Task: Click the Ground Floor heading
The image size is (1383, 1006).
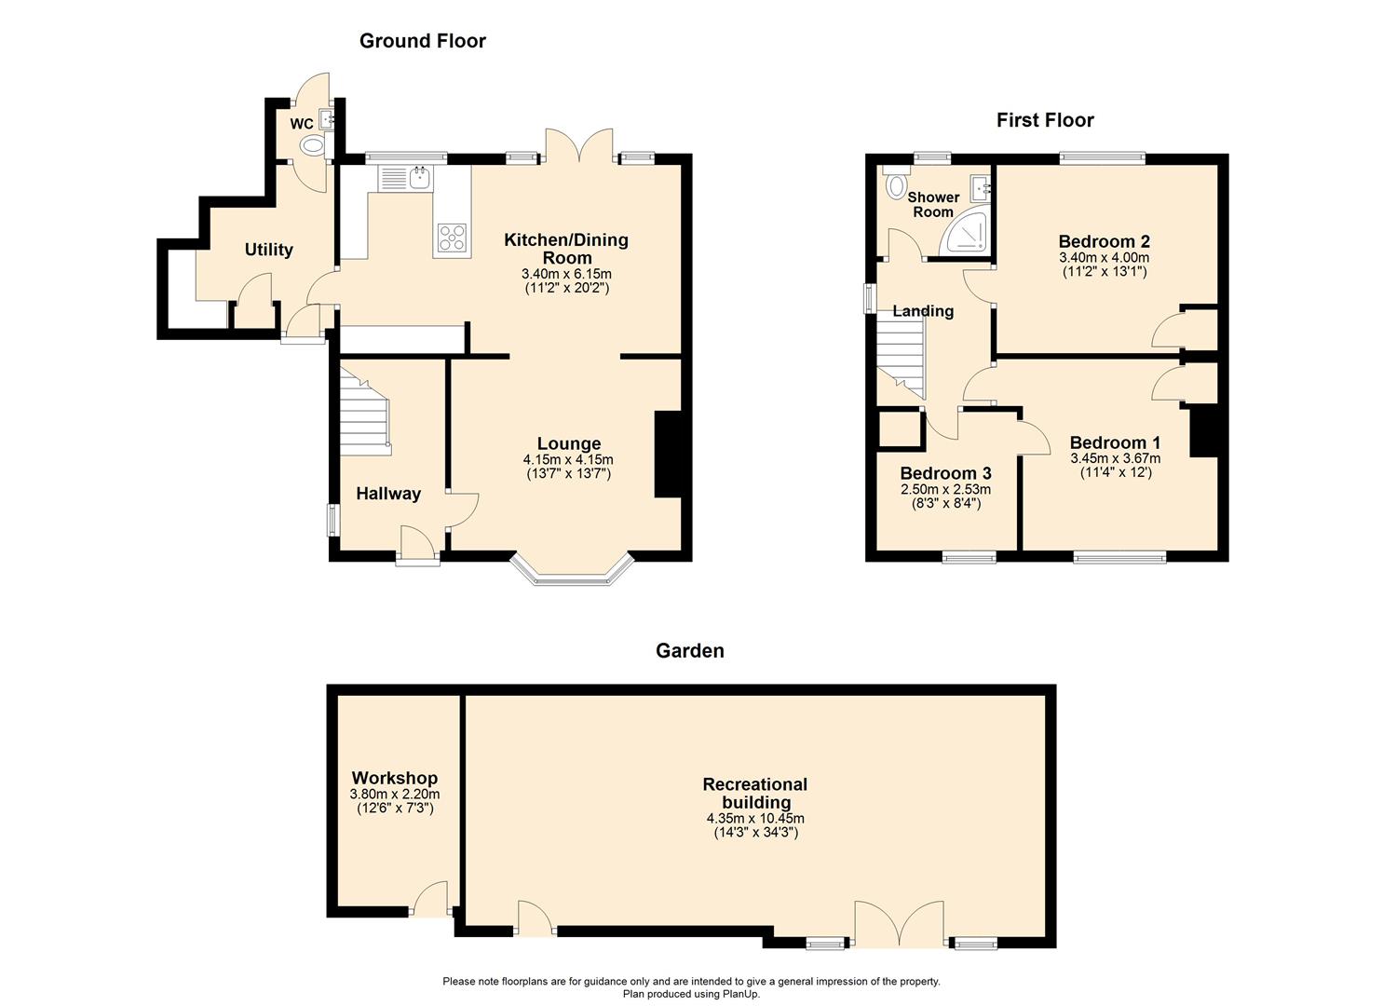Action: pos(422,40)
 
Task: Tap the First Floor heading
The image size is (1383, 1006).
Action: pos(1044,119)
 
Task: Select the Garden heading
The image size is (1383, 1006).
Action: pos(689,650)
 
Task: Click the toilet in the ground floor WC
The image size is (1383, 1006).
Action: pos(313,145)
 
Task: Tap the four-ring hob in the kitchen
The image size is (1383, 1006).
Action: pos(452,238)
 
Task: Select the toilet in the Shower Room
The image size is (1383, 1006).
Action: pos(896,184)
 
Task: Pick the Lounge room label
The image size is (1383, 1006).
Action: pos(568,443)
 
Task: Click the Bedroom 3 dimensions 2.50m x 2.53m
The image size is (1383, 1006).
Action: pos(945,489)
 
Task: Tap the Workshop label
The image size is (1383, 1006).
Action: pos(394,778)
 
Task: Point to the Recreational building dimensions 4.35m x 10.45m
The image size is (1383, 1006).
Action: pos(754,819)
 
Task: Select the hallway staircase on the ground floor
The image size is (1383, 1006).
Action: pos(364,410)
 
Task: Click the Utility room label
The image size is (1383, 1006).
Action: pos(268,249)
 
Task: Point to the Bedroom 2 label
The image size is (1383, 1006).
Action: pos(1104,241)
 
